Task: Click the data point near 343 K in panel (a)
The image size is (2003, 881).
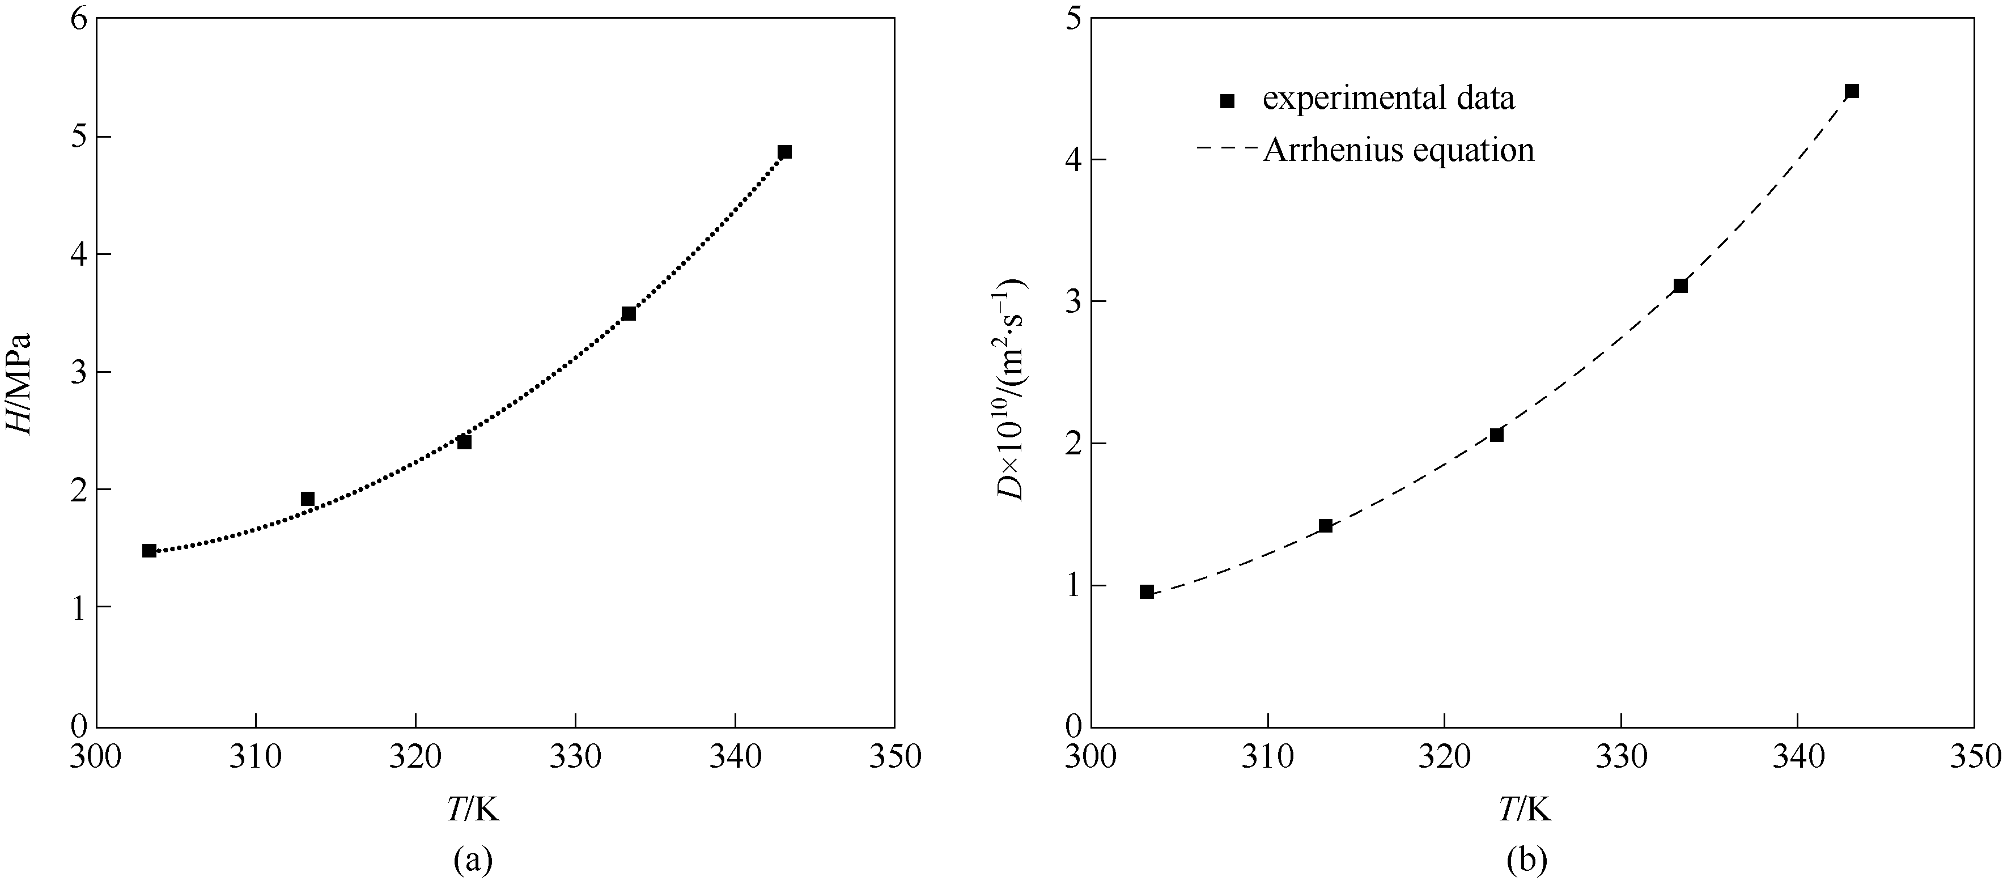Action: (x=784, y=152)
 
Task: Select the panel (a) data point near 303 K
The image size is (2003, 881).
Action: (x=149, y=551)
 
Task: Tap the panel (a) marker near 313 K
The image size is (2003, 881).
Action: (x=307, y=499)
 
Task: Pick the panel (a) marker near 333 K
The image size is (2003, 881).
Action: (x=628, y=313)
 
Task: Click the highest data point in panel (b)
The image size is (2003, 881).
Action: (x=1851, y=91)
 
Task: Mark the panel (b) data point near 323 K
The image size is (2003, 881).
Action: (x=1496, y=435)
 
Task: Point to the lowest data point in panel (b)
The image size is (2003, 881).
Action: (x=1146, y=591)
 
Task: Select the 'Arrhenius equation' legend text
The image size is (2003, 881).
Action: (x=1398, y=150)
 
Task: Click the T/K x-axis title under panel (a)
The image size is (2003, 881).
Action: (x=472, y=810)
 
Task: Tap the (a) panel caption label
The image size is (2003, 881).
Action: (x=473, y=860)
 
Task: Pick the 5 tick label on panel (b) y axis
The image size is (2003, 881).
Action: (x=1073, y=19)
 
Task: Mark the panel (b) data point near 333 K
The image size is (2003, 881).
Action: (x=1681, y=286)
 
